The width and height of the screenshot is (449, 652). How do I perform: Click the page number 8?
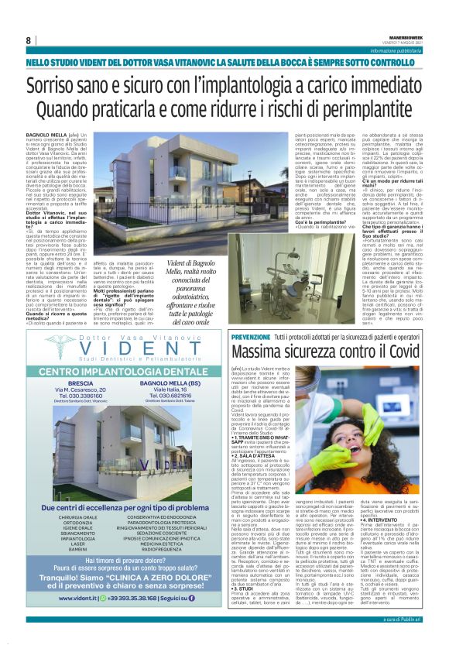tap(29, 40)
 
